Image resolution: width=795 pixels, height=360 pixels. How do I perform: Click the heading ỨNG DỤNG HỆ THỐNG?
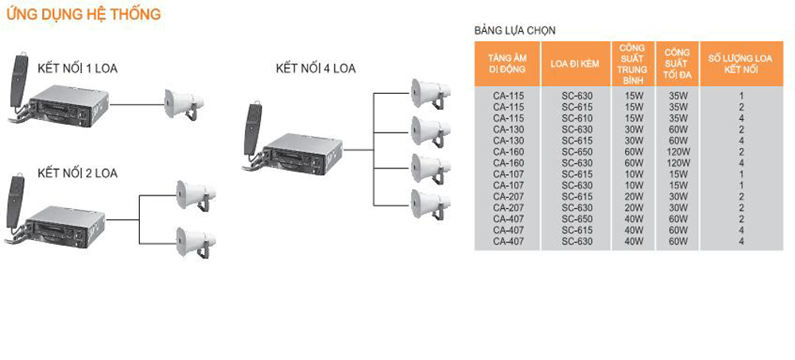83,14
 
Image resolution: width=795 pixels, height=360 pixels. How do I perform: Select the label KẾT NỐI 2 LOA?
77,173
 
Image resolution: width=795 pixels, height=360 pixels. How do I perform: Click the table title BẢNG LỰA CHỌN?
514,30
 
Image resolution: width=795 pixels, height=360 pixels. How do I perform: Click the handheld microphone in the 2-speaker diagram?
14,198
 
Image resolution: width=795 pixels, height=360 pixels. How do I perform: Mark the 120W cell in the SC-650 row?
677,150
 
